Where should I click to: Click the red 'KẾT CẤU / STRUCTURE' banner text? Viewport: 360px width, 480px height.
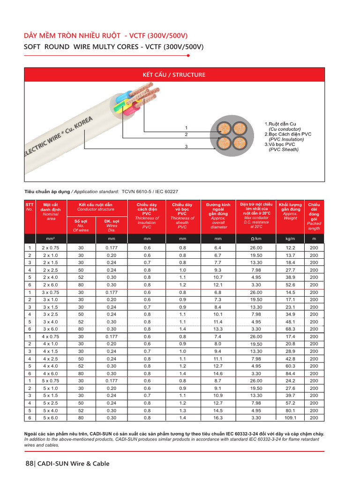174,75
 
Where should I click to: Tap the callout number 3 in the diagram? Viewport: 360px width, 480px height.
186,147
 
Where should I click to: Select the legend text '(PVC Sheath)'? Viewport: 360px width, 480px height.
283,150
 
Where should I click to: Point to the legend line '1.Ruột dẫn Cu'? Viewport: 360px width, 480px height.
284,124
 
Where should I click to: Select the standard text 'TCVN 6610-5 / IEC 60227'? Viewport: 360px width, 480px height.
150,192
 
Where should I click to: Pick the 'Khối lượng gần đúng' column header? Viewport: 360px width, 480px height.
290,207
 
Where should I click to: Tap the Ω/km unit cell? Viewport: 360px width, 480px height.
256,239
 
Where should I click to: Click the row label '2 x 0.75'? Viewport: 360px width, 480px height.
52,247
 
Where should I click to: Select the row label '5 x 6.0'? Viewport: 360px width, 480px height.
52,418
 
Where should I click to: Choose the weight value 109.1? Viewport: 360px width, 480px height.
290,418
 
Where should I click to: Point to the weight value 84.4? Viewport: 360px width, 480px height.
290,373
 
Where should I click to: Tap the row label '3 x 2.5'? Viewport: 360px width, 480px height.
52,314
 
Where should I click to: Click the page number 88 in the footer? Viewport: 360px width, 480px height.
30,464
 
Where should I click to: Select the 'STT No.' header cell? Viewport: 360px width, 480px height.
30,207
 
